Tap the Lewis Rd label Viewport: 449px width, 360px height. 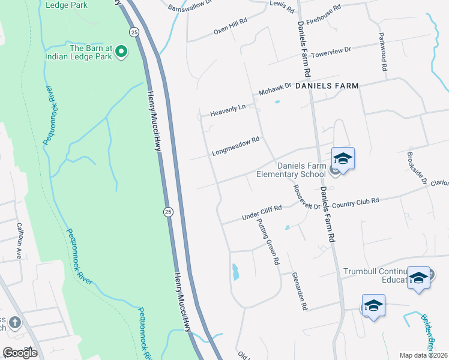[x=282, y=7]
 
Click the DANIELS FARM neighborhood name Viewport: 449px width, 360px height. [x=327, y=86]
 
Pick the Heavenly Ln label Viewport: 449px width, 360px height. [x=228, y=110]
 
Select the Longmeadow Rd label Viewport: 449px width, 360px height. [x=235, y=148]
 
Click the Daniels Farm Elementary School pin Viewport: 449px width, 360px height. [x=343, y=159]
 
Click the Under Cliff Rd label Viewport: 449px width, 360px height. [x=261, y=212]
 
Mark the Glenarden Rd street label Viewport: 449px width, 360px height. [x=300, y=290]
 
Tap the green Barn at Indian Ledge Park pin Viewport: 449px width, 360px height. [x=121, y=52]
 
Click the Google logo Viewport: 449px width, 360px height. [x=20, y=352]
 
